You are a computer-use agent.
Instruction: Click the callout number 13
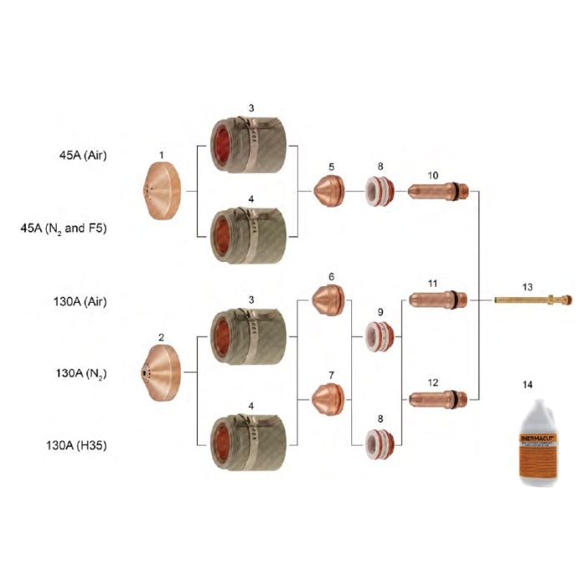(526, 286)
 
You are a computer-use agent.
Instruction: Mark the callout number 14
(531, 387)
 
